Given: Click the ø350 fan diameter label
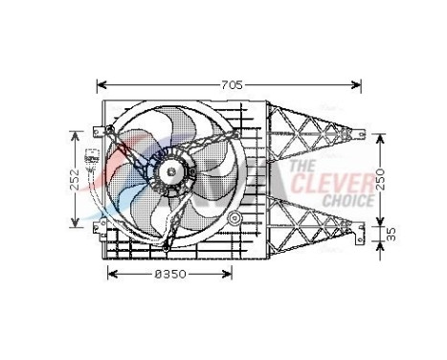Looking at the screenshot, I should [168, 275].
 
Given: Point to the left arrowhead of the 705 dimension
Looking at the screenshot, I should [101, 83].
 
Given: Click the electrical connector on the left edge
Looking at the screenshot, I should [92, 159].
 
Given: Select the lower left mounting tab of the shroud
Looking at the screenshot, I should [99, 226].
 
